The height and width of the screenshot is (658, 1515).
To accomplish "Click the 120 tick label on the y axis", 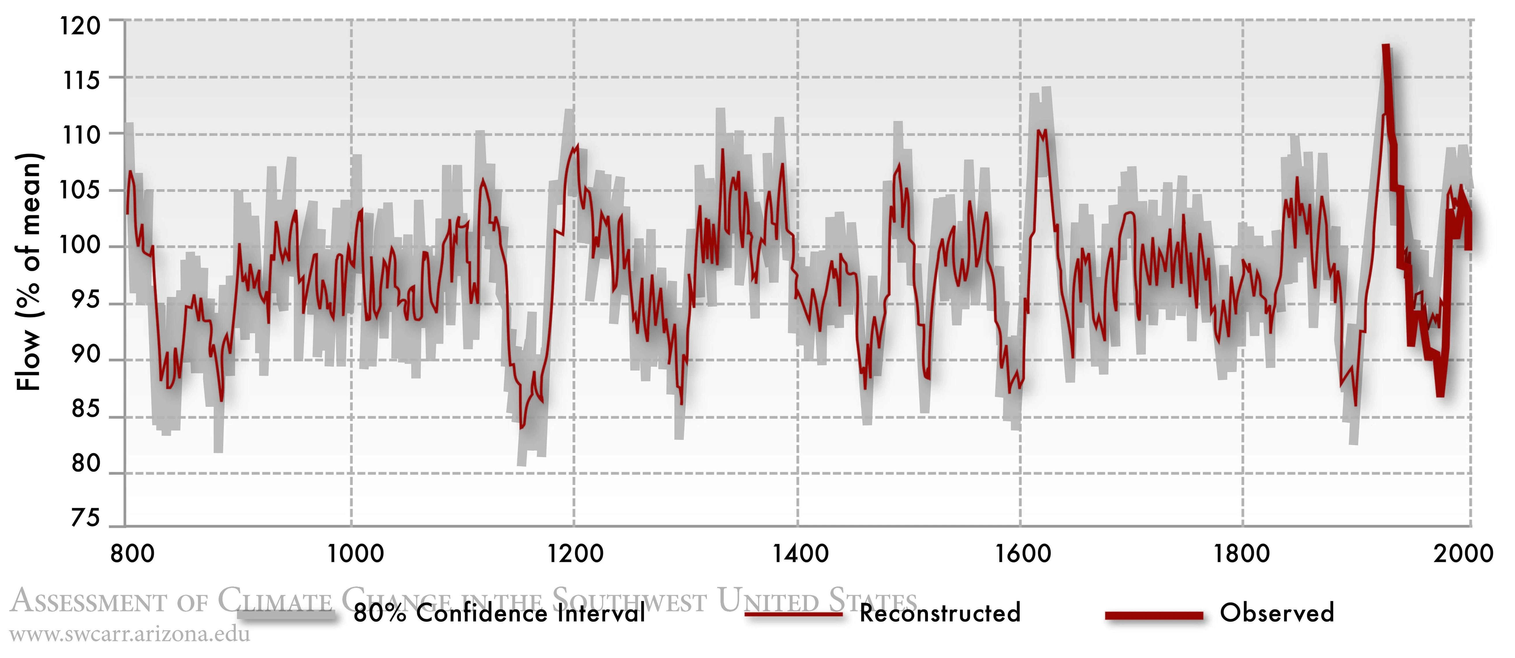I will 81,27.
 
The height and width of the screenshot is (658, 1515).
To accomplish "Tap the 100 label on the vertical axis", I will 81,245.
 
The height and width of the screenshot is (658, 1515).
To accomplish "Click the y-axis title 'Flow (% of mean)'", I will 29,272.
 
